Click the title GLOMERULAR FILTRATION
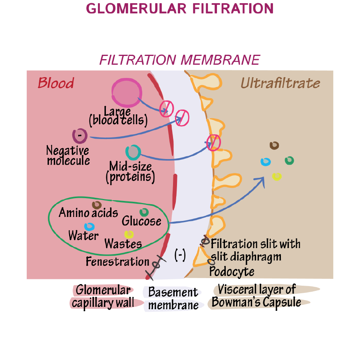pyautogui.click(x=180, y=8)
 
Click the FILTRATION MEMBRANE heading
pyautogui.click(x=179, y=60)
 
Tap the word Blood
pyautogui.click(x=56, y=83)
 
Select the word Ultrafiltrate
pyautogui.click(x=280, y=83)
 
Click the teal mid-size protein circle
pyautogui.click(x=133, y=152)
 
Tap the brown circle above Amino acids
pyautogui.click(x=97, y=205)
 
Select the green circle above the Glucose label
pyautogui.click(x=144, y=212)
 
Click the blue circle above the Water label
pyautogui.click(x=89, y=227)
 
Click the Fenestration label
pyautogui.click(x=117, y=262)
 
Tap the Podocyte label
pyautogui.click(x=232, y=272)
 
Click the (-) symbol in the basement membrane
pyautogui.click(x=180, y=255)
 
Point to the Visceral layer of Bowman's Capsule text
pyautogui.click(x=257, y=296)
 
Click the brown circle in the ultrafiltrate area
pyautogui.click(x=274, y=145)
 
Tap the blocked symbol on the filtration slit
pyautogui.click(x=213, y=141)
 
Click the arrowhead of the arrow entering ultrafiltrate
pyautogui.click(x=262, y=180)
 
